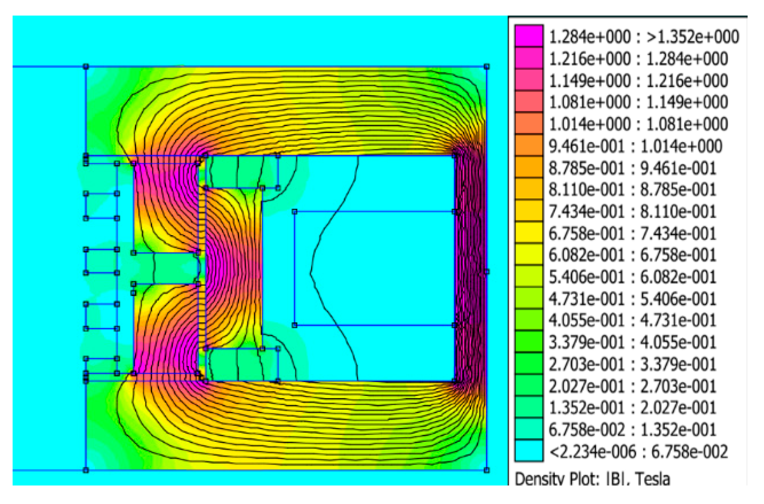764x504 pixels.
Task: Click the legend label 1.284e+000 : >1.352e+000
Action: tap(644, 37)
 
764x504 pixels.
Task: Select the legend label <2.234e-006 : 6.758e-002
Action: tap(638, 451)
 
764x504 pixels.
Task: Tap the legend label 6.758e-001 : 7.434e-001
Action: tap(632, 233)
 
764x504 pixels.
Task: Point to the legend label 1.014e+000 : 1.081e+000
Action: tap(638, 124)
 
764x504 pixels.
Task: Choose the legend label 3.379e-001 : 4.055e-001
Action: tap(632, 342)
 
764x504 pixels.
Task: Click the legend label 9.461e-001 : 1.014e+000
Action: tap(635, 146)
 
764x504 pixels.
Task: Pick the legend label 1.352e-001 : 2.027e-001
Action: tap(632, 408)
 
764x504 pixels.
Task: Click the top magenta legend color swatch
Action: tap(529, 36)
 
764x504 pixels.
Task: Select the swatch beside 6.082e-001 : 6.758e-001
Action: tap(529, 254)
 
